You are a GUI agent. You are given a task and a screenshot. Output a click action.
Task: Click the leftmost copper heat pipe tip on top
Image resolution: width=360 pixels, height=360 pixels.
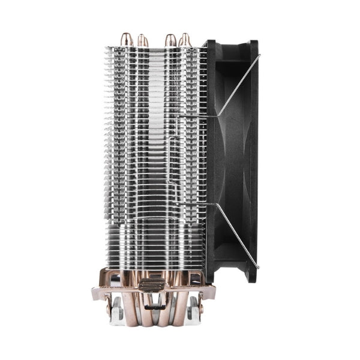[126, 40]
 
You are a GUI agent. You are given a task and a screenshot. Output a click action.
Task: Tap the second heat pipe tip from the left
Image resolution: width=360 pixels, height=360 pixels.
[142, 40]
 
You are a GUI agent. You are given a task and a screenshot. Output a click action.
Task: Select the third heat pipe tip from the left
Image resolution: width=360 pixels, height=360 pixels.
[170, 40]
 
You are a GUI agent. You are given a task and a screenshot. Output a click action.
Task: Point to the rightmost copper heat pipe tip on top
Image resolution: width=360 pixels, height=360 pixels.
[185, 40]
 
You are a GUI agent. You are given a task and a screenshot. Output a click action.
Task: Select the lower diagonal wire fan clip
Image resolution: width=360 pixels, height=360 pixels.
[236, 235]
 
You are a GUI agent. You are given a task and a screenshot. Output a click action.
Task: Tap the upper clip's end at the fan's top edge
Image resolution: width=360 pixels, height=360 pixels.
[259, 57]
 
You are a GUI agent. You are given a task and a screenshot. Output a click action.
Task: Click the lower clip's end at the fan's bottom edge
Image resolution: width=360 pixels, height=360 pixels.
[258, 266]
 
